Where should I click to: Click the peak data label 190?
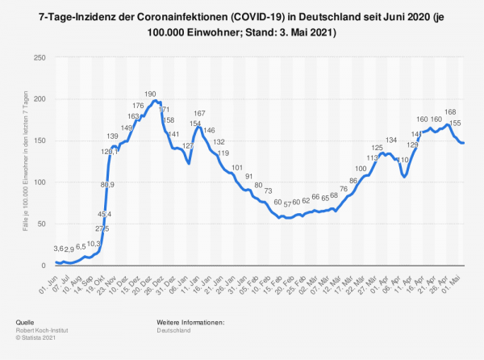pyautogui.click(x=150, y=94)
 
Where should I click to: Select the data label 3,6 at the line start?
pyautogui.click(x=60, y=249)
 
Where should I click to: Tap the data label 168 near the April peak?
pyautogui.click(x=451, y=112)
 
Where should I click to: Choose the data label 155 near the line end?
pyautogui.click(x=456, y=123)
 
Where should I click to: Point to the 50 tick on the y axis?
pyautogui.click(x=41, y=224)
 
